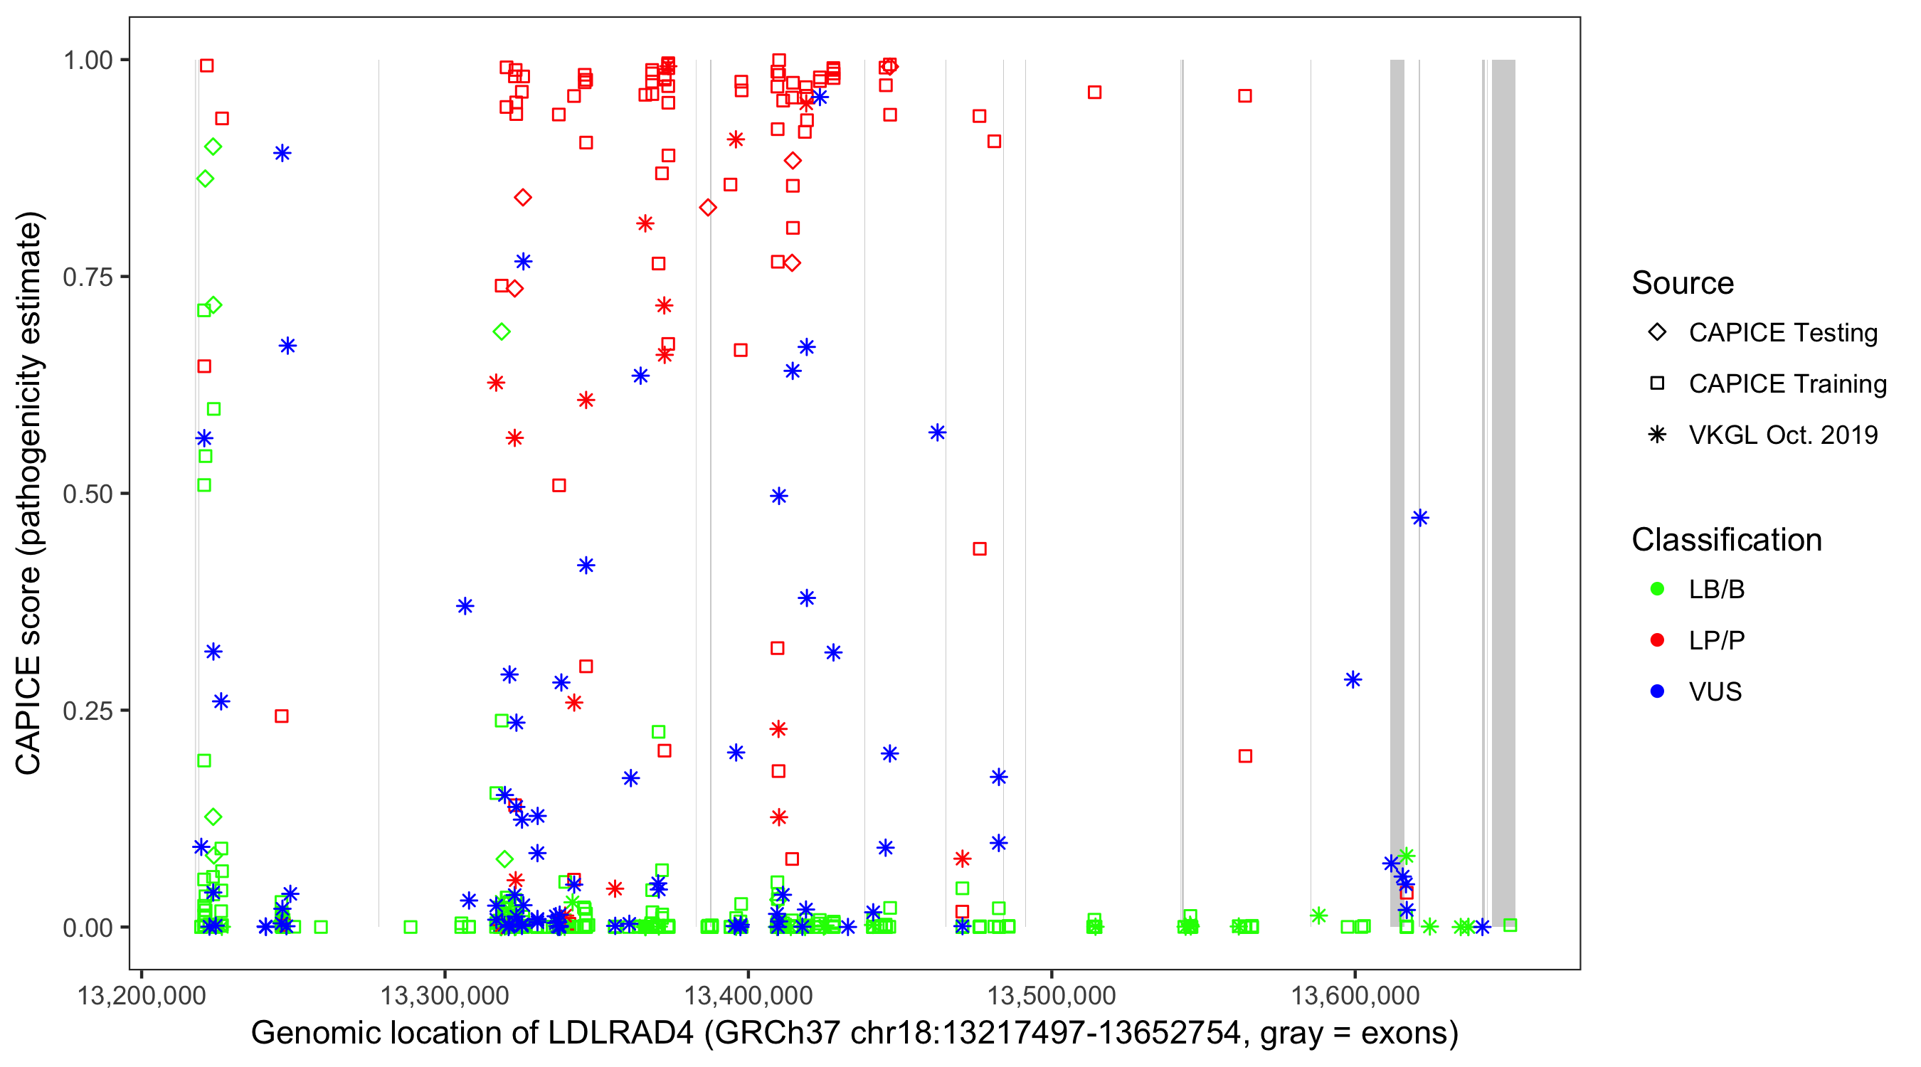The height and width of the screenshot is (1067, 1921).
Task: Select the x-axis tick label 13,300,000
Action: click(445, 995)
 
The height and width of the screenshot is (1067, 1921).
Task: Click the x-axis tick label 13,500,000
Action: click(1052, 995)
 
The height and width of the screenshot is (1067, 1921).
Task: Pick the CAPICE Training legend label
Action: click(1787, 383)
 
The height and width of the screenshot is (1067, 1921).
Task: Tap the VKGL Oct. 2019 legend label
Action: click(1783, 435)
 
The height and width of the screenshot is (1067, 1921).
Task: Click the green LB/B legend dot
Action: click(1657, 589)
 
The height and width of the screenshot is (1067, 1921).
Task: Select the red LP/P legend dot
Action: click(1657, 639)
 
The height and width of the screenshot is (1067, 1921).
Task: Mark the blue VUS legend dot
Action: click(1657, 691)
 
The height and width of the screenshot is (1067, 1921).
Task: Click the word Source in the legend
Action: click(1683, 283)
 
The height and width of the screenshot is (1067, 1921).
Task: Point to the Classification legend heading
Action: click(1726, 540)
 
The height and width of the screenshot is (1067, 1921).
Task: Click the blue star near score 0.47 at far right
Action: click(1420, 517)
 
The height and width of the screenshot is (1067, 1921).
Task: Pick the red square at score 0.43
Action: click(980, 548)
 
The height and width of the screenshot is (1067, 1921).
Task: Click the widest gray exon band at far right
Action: click(1503, 492)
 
